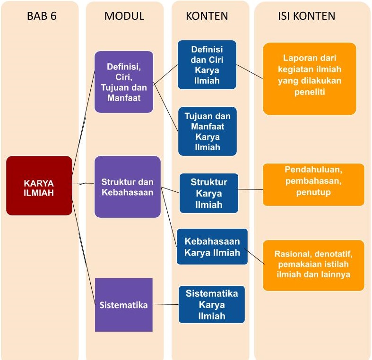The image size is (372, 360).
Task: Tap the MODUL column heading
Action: click(x=124, y=16)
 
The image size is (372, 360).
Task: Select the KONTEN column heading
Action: click(x=207, y=16)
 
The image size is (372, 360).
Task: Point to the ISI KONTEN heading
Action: click(x=306, y=16)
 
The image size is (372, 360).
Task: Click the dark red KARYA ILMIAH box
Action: click(x=39, y=186)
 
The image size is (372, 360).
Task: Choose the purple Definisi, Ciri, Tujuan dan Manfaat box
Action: click(x=124, y=82)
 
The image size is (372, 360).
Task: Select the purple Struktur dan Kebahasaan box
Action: click(x=128, y=187)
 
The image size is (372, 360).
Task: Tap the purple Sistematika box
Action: click(x=124, y=305)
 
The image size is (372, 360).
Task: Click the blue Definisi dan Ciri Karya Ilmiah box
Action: click(x=207, y=65)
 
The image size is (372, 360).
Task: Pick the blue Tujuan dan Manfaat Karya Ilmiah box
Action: click(x=207, y=131)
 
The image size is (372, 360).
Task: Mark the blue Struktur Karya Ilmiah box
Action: click(x=208, y=193)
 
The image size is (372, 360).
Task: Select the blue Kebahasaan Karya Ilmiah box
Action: click(x=212, y=247)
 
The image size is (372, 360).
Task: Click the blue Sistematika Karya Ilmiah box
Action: click(x=212, y=305)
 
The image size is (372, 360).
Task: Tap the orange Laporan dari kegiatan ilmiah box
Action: click(x=309, y=78)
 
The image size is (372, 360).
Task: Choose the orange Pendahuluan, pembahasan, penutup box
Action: click(x=313, y=184)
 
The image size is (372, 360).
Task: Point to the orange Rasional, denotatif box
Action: click(x=313, y=265)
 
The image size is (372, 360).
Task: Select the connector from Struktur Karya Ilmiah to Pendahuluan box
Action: click(x=251, y=189)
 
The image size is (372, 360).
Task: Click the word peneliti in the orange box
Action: click(x=309, y=93)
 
